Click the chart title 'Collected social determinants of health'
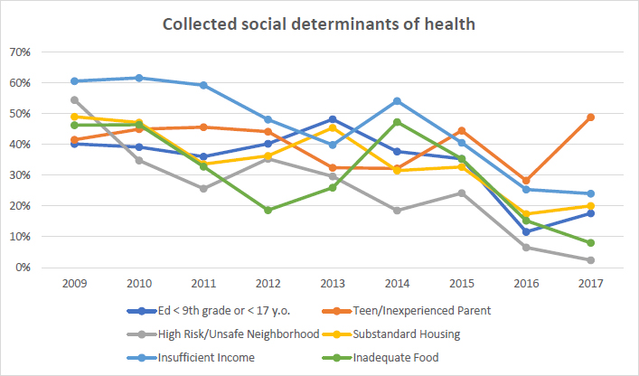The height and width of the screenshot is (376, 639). click(319, 23)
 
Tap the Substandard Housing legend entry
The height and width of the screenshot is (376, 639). click(432, 334)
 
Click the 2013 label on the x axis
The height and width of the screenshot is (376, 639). click(332, 284)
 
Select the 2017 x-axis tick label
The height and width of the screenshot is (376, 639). click(589, 284)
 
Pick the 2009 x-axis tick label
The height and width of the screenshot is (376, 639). click(74, 284)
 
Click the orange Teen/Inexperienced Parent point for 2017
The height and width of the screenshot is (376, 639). click(589, 117)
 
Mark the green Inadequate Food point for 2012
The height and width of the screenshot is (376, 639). click(268, 210)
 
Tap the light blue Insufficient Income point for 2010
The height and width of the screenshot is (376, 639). click(138, 78)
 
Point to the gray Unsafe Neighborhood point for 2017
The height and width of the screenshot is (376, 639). click(589, 260)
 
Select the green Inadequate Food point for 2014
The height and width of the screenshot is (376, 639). click(396, 122)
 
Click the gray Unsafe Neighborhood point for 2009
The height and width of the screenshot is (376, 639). click(74, 100)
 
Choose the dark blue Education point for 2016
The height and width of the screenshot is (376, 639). click(525, 231)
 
